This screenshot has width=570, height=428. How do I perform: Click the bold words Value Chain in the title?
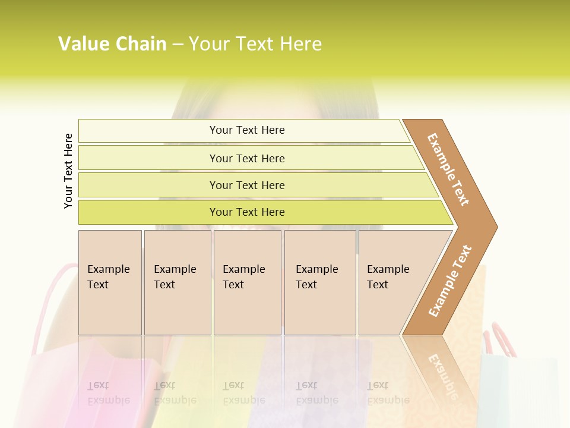(112, 44)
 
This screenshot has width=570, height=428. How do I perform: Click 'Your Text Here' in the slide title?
(255, 44)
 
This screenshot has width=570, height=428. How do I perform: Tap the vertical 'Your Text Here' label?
(69, 171)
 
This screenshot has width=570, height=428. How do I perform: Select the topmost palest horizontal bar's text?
(247, 130)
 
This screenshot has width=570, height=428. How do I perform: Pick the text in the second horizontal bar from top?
(247, 159)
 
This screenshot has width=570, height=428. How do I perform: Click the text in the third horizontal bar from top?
(247, 185)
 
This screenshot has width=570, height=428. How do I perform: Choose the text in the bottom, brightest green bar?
(247, 212)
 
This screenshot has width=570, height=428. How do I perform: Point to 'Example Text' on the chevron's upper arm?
(449, 169)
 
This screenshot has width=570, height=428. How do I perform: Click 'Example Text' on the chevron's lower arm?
(450, 281)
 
